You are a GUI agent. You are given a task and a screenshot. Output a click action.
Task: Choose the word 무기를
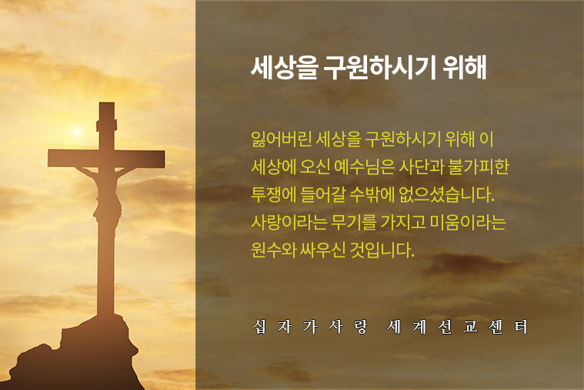(354, 222)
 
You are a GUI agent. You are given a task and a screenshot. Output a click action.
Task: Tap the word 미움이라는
(468, 222)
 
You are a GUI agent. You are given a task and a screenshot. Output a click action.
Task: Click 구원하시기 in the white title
(380, 68)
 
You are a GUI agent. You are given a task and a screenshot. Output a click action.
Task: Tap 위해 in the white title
(465, 68)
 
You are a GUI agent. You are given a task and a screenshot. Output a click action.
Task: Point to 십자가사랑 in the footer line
(310, 327)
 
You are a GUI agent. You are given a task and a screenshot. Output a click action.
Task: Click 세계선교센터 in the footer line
(457, 327)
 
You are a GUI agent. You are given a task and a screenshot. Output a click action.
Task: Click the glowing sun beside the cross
(78, 131)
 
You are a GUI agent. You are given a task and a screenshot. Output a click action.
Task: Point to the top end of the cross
(106, 103)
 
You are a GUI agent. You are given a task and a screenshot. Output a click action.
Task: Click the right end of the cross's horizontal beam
(164, 159)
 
